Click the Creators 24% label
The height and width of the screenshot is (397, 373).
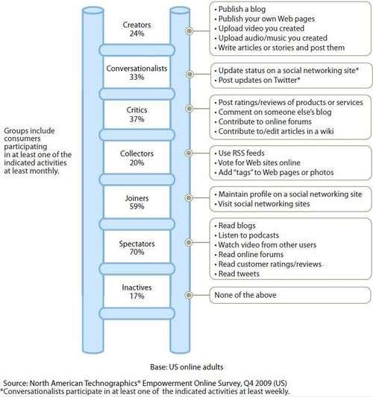coord(137,29)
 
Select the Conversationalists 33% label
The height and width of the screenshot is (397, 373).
coord(137,73)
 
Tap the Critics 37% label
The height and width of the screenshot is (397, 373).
coord(137,115)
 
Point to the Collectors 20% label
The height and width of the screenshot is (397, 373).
coord(137,158)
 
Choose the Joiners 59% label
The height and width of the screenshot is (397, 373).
coord(137,202)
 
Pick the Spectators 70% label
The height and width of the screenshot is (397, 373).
coord(137,247)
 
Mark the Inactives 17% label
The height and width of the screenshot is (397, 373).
coord(137,291)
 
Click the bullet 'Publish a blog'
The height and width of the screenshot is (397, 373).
coord(240,9)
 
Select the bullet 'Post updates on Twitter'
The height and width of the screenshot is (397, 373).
coord(257,80)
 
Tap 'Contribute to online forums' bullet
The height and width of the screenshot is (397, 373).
coord(263,121)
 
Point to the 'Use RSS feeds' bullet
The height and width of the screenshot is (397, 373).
coord(239,153)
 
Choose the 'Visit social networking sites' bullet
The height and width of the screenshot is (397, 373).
coord(262,204)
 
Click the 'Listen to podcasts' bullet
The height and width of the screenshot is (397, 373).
coord(246,235)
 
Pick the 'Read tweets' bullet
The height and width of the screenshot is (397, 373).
coord(236,273)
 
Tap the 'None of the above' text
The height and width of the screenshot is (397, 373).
coord(245,295)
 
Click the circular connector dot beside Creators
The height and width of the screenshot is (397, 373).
coord(189,31)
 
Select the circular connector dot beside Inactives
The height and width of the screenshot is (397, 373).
coord(189,295)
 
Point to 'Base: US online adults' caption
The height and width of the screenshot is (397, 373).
coord(186,367)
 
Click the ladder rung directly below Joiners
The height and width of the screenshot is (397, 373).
coord(137,224)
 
